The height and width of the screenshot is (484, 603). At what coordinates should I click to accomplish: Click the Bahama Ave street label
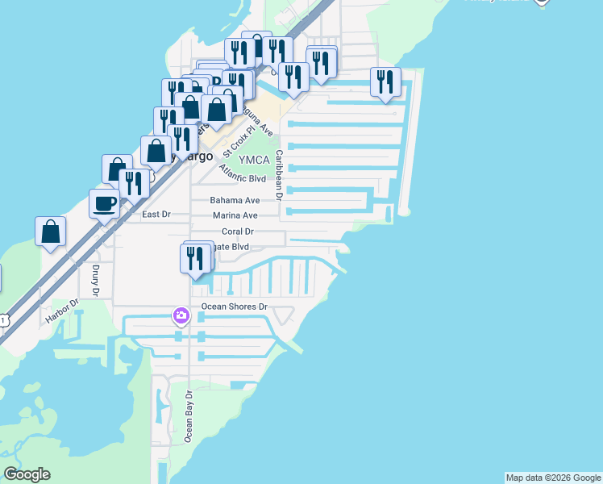(x=235, y=200)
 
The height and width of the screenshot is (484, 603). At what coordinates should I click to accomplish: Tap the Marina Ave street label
(x=235, y=215)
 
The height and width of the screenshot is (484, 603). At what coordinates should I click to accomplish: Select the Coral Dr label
(x=238, y=232)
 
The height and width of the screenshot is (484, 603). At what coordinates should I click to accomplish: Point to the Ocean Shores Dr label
(x=234, y=307)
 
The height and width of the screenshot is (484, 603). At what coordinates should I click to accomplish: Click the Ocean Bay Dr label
(x=189, y=417)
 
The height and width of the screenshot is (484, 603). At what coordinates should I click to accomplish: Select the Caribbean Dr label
(x=279, y=174)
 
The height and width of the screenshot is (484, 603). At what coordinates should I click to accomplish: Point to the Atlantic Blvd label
(x=242, y=173)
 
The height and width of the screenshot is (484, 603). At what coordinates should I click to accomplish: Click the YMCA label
(x=253, y=160)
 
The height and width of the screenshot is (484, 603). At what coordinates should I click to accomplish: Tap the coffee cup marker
(x=104, y=203)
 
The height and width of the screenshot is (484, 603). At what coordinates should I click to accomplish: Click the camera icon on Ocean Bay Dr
(x=181, y=315)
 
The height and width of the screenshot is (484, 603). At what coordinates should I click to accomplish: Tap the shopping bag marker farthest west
(x=50, y=232)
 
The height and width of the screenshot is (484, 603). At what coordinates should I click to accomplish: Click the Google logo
(x=27, y=474)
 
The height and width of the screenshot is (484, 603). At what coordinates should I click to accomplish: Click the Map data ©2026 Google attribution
(x=553, y=478)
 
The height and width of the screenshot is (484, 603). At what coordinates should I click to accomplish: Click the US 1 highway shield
(x=3, y=320)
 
